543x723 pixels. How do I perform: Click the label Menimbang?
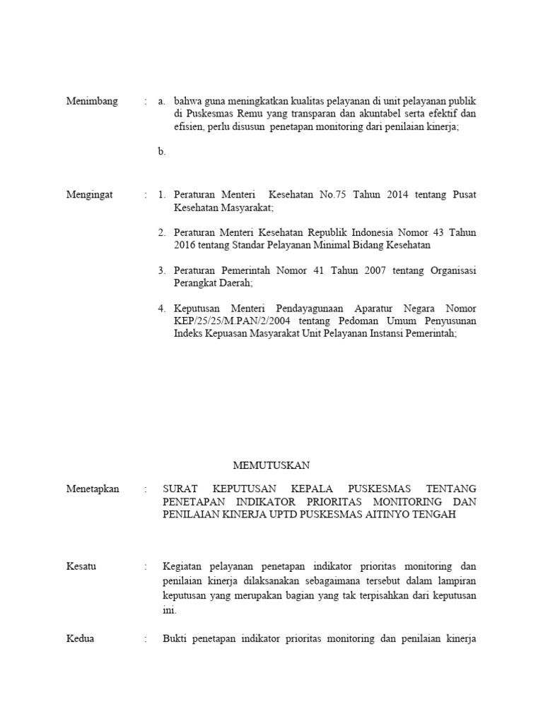[92, 101]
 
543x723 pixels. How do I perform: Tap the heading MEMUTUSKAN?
[271, 465]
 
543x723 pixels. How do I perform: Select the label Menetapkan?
[93, 489]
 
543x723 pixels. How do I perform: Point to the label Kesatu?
[81, 566]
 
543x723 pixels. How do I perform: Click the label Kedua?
[80, 639]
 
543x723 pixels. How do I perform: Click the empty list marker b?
[162, 151]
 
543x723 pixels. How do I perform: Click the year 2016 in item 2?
[185, 245]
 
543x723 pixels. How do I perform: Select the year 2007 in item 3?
[339, 270]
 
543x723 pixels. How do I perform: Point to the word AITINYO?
[397, 515]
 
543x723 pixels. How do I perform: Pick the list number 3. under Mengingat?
[162, 270]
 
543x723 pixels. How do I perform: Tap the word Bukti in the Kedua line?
[177, 639]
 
